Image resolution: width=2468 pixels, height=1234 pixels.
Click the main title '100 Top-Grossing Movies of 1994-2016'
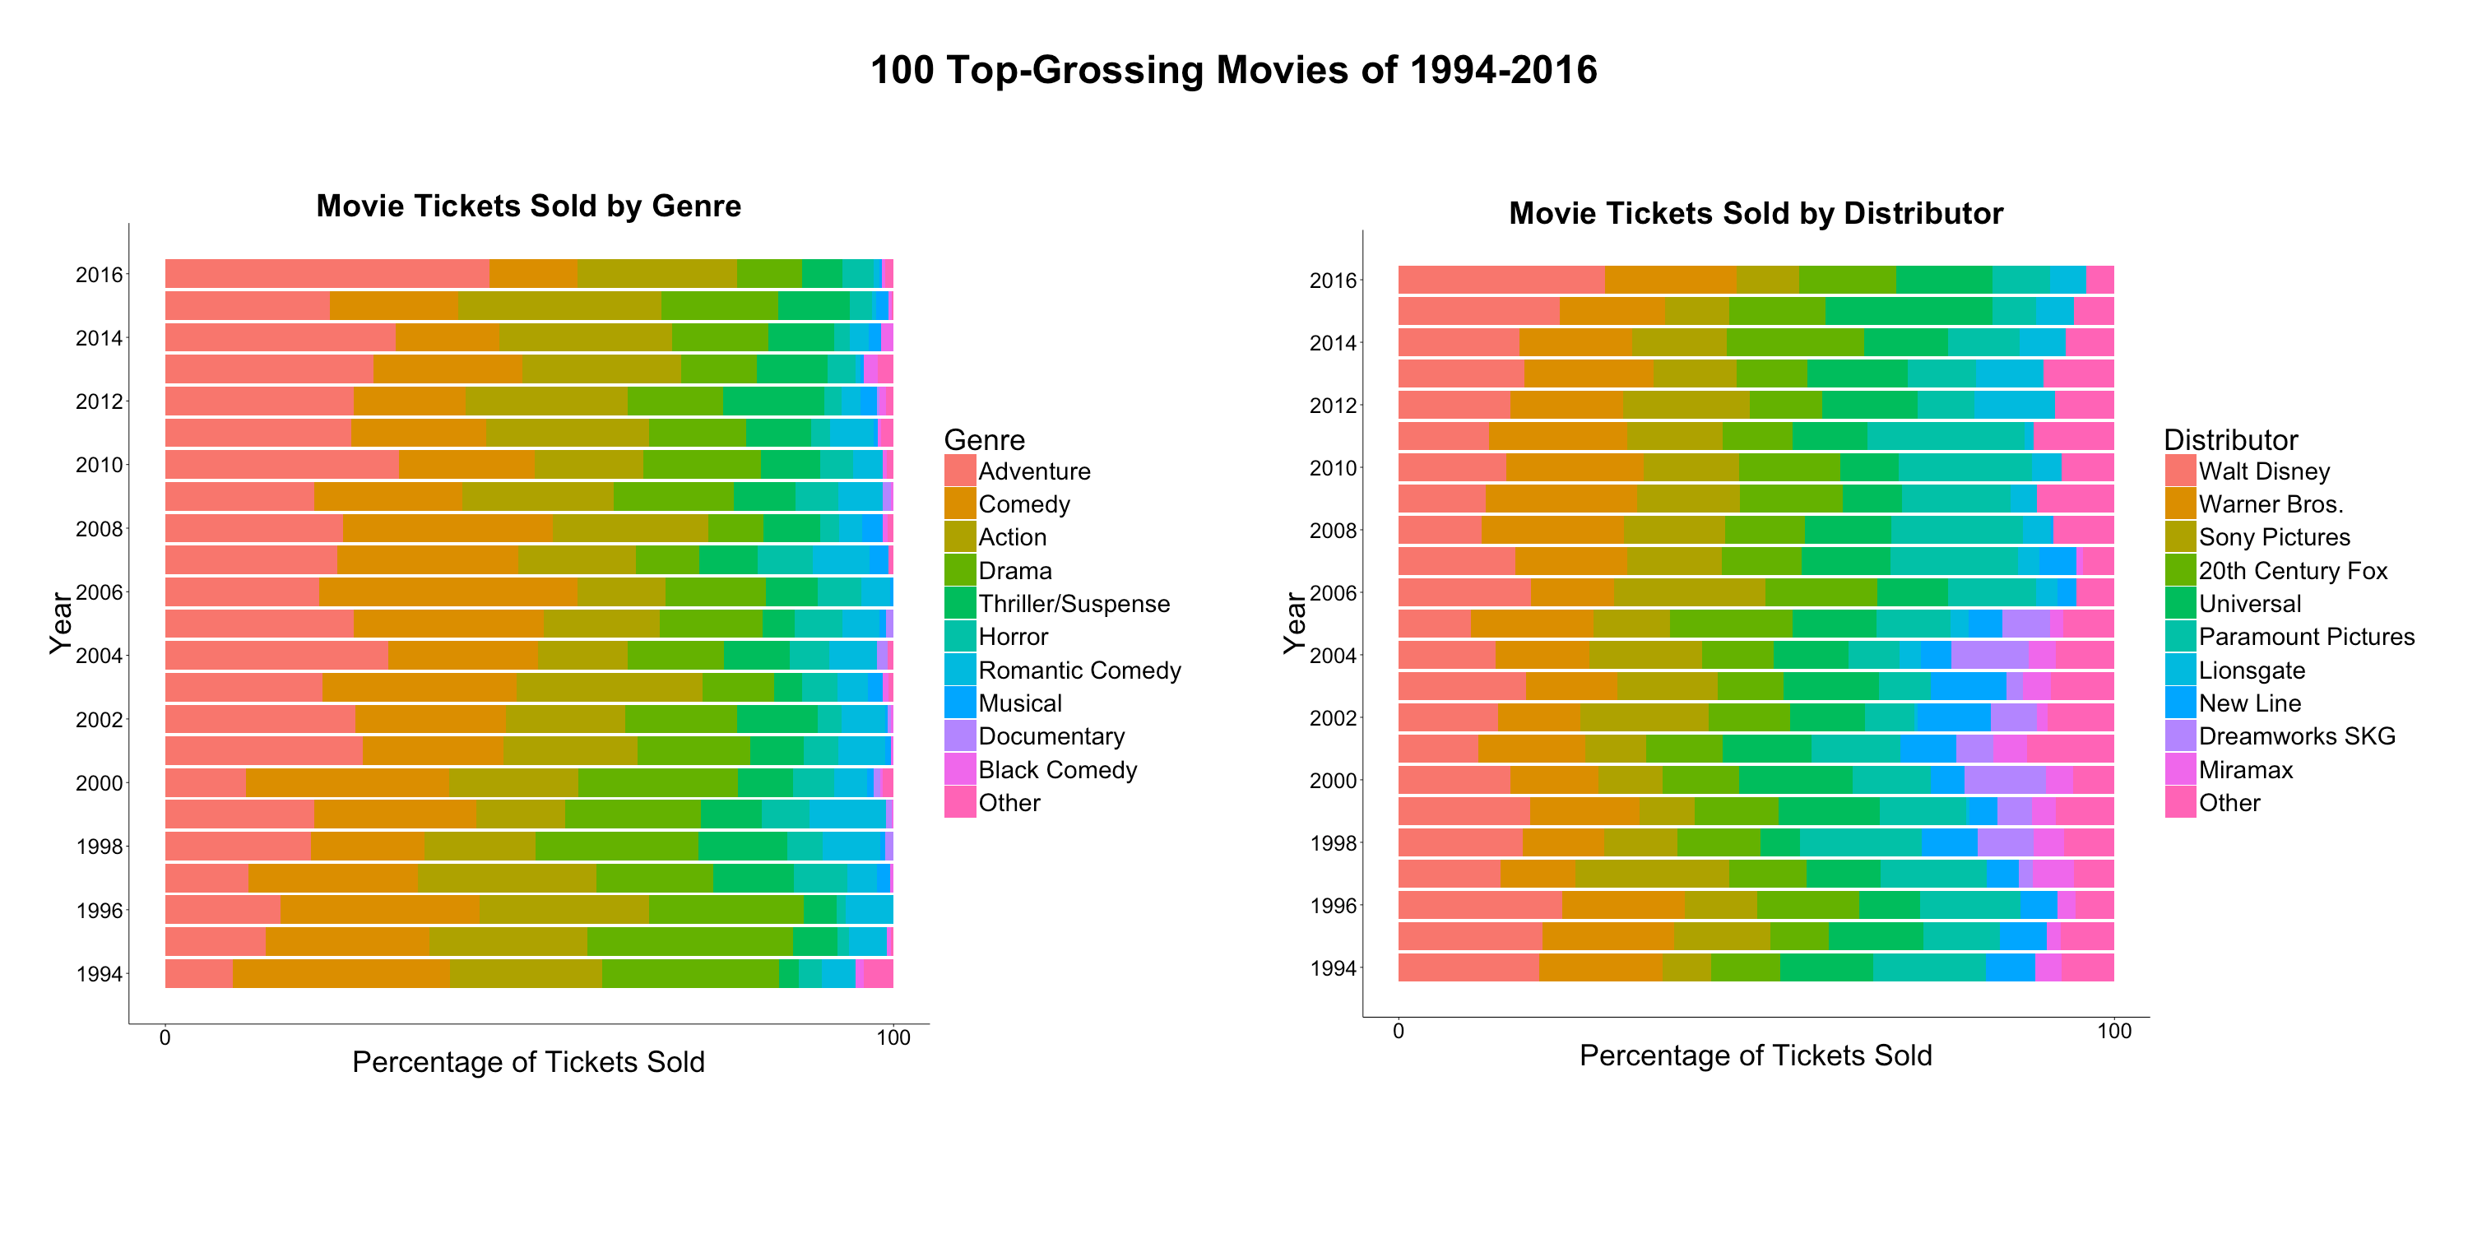(x=1233, y=71)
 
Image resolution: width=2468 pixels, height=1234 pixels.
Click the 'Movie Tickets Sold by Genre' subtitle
(x=528, y=206)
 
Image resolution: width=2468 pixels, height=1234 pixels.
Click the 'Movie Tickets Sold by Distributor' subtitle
(x=1756, y=213)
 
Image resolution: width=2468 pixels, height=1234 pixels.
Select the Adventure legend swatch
(x=960, y=471)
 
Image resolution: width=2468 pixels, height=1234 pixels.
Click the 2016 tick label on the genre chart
(x=100, y=275)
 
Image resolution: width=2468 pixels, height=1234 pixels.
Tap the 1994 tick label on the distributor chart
(x=1333, y=967)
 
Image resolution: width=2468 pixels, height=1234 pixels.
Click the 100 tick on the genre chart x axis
(x=893, y=1037)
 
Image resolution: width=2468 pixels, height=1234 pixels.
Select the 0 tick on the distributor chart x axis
(x=1398, y=1031)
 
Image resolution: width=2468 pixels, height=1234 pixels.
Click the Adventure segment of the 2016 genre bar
(x=326, y=273)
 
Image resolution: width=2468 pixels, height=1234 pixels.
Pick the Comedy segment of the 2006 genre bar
(x=448, y=591)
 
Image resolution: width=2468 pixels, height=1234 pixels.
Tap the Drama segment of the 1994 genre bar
(x=690, y=973)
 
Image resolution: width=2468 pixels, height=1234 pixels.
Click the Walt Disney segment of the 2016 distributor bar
(x=1501, y=280)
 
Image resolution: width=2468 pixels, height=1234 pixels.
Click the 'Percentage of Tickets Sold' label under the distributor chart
(x=1756, y=1055)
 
